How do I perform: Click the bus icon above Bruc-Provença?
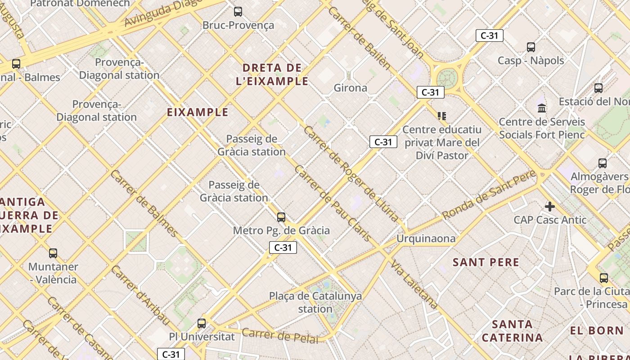tap(238, 12)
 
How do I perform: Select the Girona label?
tap(350, 88)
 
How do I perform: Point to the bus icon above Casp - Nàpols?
tap(531, 47)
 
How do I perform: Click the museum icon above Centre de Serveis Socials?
tap(542, 108)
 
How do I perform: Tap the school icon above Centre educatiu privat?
tap(442, 116)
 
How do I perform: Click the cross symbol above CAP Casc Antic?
tap(549, 207)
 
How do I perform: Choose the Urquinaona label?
tap(426, 238)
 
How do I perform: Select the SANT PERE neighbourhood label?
tap(486, 262)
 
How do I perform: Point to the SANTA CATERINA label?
tap(512, 331)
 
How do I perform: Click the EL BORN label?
tap(596, 331)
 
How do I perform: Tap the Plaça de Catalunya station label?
tap(315, 302)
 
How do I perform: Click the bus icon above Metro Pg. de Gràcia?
tap(281, 217)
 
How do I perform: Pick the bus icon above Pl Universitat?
tap(202, 323)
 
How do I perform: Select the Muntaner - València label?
tap(53, 273)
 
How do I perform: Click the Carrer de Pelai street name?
tap(279, 336)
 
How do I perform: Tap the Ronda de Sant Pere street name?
tap(489, 195)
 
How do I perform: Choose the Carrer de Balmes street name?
tap(143, 203)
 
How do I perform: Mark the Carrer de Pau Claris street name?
tap(333, 203)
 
